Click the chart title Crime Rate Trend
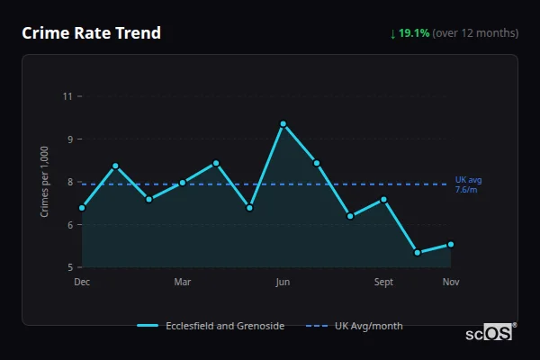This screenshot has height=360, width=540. [x=91, y=33]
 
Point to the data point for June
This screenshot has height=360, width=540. [x=283, y=124]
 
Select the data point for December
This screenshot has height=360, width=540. [x=82, y=208]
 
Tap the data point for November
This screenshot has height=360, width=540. [x=451, y=244]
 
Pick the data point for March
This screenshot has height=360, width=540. [x=183, y=183]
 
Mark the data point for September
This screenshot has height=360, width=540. [x=383, y=199]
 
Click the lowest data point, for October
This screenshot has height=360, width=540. [x=417, y=253]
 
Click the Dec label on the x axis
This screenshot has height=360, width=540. [x=82, y=283]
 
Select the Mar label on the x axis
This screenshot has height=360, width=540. [x=183, y=283]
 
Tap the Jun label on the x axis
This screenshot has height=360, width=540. [x=283, y=283]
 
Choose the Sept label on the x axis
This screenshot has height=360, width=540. [x=383, y=283]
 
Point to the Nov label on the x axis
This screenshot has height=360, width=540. [x=451, y=283]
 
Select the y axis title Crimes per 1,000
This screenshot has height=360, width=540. [x=44, y=182]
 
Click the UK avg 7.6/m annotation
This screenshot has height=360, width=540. [x=469, y=184]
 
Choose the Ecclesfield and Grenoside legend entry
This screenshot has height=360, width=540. [x=211, y=326]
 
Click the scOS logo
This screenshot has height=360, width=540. [x=490, y=333]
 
